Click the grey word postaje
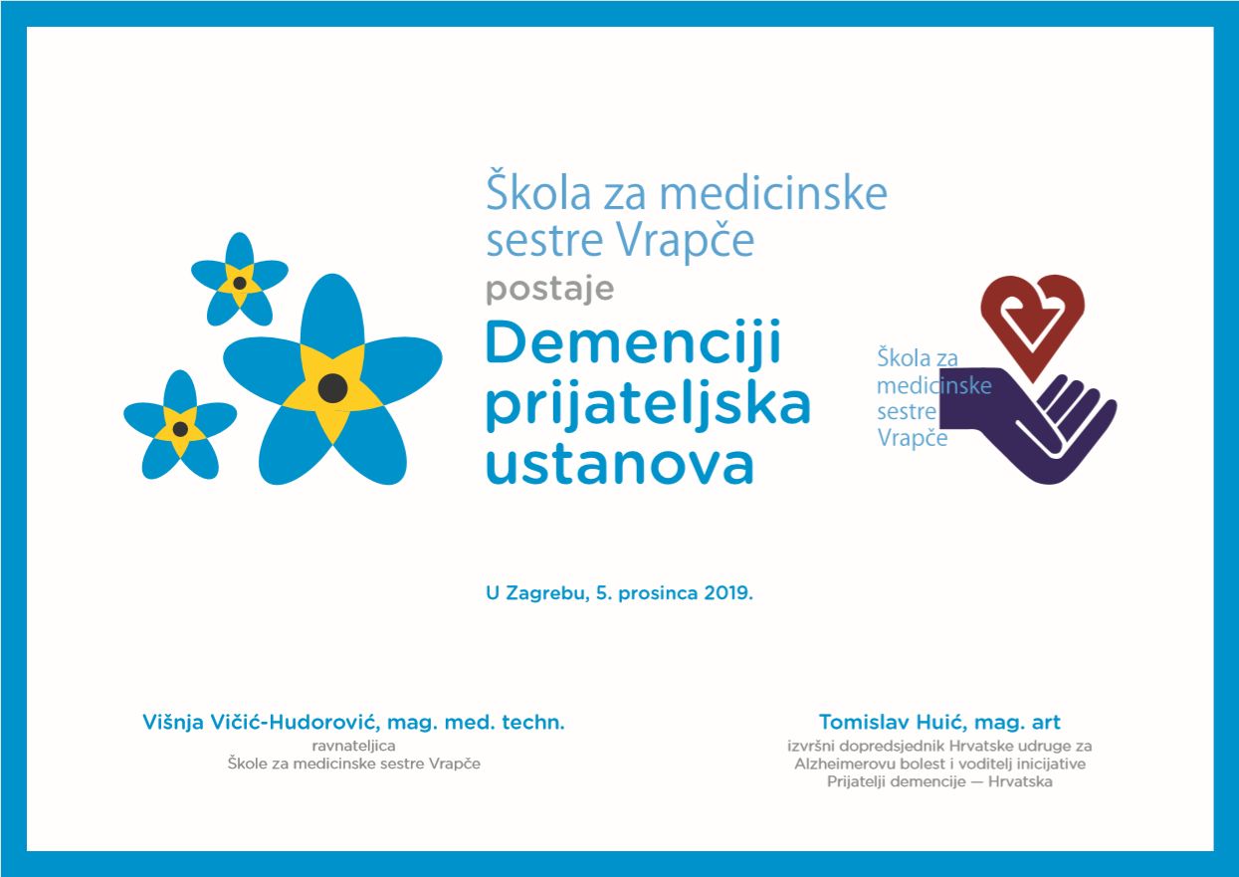pos(549,290)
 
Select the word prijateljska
pos(648,405)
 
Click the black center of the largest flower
pos(333,388)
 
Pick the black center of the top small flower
pos(240,283)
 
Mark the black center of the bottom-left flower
pos(180,429)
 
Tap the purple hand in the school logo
pos(1029,426)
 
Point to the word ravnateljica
pos(354,746)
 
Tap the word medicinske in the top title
pos(773,194)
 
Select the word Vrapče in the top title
pos(686,241)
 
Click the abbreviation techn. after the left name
pos(533,723)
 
